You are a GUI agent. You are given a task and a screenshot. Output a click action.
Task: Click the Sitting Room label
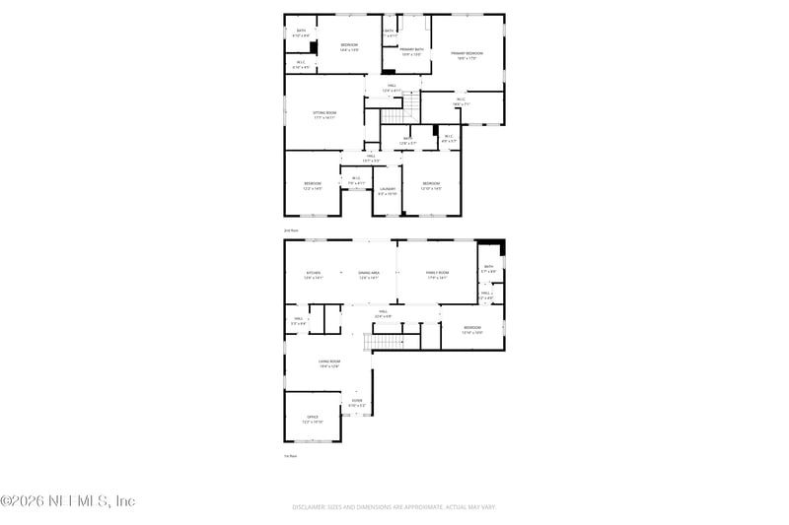click(x=324, y=113)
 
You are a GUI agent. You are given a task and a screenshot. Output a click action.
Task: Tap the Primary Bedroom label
click(x=466, y=53)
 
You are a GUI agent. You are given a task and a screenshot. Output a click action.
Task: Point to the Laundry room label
click(x=387, y=189)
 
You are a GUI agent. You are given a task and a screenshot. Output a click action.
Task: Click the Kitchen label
click(x=313, y=273)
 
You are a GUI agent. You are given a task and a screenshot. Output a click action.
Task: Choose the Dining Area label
click(x=369, y=273)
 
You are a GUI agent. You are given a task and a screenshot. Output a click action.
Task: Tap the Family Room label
click(x=437, y=273)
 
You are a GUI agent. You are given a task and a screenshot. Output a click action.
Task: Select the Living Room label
click(x=328, y=362)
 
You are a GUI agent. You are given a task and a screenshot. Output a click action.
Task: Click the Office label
click(x=312, y=418)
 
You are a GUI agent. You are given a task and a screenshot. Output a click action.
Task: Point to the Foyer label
click(x=357, y=401)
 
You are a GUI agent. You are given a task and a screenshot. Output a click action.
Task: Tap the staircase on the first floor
click(x=385, y=341)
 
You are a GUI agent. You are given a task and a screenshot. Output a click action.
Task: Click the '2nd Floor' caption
click(x=291, y=230)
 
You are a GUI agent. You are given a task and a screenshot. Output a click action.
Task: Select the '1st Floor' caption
click(x=291, y=456)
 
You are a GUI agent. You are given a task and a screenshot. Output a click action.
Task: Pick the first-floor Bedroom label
click(x=472, y=328)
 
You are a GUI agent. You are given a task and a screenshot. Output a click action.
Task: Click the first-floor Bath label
click(x=487, y=267)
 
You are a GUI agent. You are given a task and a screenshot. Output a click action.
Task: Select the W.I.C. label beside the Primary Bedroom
click(x=461, y=99)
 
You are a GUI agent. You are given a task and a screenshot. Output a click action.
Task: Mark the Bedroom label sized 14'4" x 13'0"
click(x=350, y=45)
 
